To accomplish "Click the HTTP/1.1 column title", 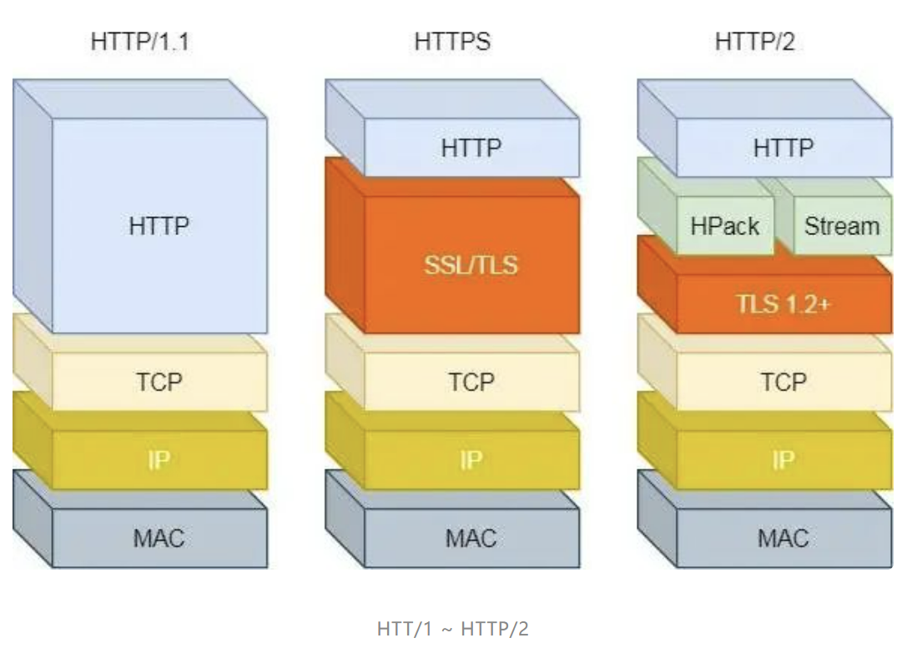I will click(x=140, y=41).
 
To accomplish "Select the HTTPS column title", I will click(x=452, y=41).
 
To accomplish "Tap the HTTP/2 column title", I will click(x=755, y=41).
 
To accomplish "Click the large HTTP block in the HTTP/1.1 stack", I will click(x=159, y=225).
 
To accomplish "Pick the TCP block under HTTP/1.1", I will click(x=159, y=381).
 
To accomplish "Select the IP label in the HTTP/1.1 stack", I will click(x=159, y=460).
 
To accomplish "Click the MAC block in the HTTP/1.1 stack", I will click(x=159, y=538).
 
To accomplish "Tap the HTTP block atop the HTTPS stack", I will click(x=471, y=148).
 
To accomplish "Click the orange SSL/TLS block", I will click(x=471, y=264).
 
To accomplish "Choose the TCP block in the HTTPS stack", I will click(x=471, y=381).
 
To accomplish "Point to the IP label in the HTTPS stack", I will click(x=471, y=460).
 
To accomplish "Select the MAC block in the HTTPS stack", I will click(x=471, y=538).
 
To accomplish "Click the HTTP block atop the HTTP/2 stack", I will click(x=784, y=148).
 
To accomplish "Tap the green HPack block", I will click(x=725, y=225).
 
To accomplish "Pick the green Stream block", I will click(x=841, y=225).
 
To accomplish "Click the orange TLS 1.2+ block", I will click(x=784, y=304).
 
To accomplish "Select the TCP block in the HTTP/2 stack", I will click(x=784, y=381).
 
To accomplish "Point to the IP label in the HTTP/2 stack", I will click(x=784, y=460).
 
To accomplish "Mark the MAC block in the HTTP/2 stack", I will click(x=784, y=538).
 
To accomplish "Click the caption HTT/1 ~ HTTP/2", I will click(x=453, y=628).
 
